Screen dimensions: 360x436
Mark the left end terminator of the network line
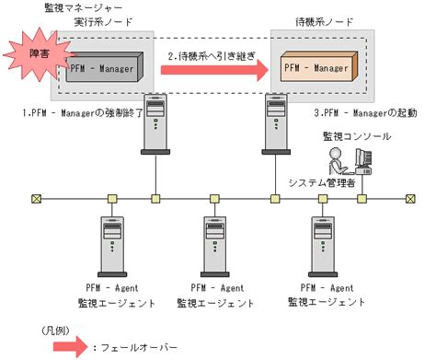coord(35,197)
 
